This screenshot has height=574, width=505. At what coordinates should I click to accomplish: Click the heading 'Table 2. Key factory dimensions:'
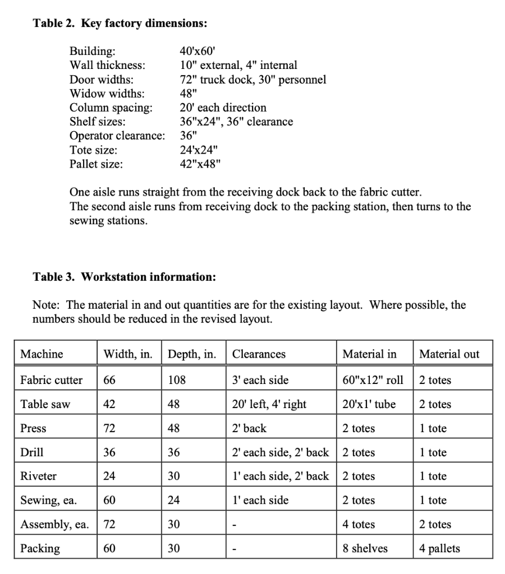click(x=120, y=24)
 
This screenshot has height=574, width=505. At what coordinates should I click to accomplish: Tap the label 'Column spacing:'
click(x=111, y=107)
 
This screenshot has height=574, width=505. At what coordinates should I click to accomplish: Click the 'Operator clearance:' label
click(x=117, y=136)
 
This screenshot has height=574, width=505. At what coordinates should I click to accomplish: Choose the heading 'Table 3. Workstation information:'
click(x=124, y=277)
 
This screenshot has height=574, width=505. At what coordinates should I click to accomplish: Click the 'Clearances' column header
click(x=259, y=354)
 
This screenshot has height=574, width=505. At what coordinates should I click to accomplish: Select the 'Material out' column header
click(x=449, y=354)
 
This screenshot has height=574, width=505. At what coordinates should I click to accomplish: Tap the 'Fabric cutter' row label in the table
click(x=51, y=380)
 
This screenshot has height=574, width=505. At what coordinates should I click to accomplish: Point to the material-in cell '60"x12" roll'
click(x=373, y=380)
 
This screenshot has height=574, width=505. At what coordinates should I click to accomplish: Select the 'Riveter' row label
click(x=38, y=476)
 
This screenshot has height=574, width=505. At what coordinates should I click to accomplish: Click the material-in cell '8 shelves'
click(x=365, y=548)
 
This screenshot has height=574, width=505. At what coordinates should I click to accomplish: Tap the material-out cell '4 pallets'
click(x=439, y=548)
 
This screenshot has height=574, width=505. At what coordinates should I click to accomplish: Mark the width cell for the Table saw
click(x=109, y=404)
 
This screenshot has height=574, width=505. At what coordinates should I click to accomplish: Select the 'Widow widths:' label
click(x=107, y=93)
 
